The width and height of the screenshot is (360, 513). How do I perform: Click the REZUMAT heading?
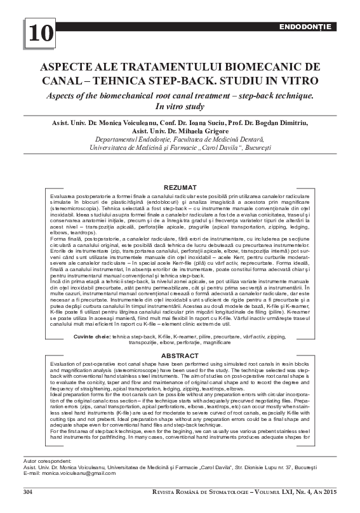(x=180, y=189)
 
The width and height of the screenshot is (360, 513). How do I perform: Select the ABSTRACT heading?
(x=180, y=356)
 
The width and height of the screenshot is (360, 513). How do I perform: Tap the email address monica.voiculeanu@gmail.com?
(x=76, y=491)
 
